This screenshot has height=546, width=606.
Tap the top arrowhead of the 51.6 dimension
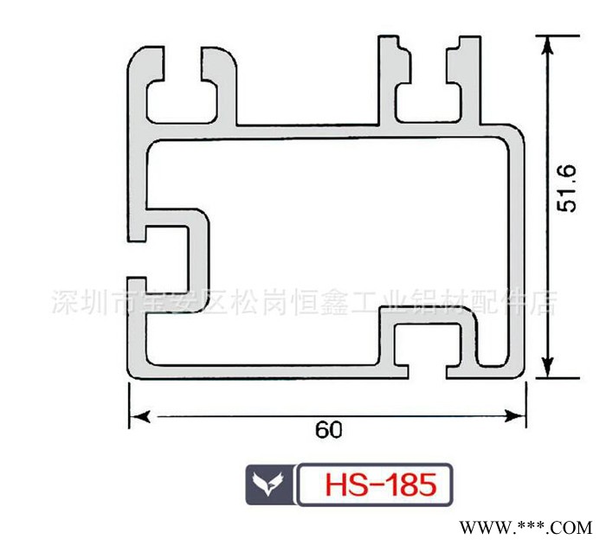click(x=547, y=43)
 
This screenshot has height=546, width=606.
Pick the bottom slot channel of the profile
click(x=429, y=351)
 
